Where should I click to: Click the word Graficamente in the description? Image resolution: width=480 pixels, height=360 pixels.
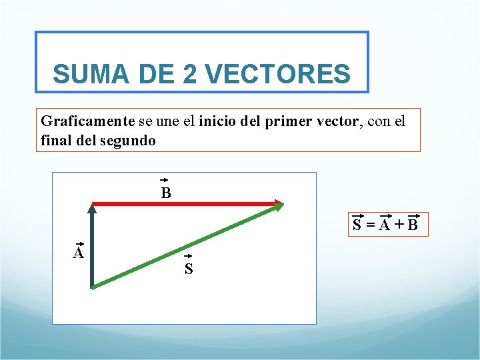pos(87,121)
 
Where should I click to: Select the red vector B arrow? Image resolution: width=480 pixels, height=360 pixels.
pos(180,203)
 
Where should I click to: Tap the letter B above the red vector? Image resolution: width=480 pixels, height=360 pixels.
pos(165,194)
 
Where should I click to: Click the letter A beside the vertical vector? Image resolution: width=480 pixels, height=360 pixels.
pos(79,253)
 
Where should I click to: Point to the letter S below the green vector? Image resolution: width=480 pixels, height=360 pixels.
pos(189,269)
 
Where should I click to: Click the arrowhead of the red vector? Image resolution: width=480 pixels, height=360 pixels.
pos(279,203)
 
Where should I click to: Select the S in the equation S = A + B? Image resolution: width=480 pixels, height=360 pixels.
pos(358,225)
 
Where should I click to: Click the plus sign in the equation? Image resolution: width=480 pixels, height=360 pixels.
pos(399,225)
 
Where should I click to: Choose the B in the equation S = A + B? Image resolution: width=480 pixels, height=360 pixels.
pos(413,225)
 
